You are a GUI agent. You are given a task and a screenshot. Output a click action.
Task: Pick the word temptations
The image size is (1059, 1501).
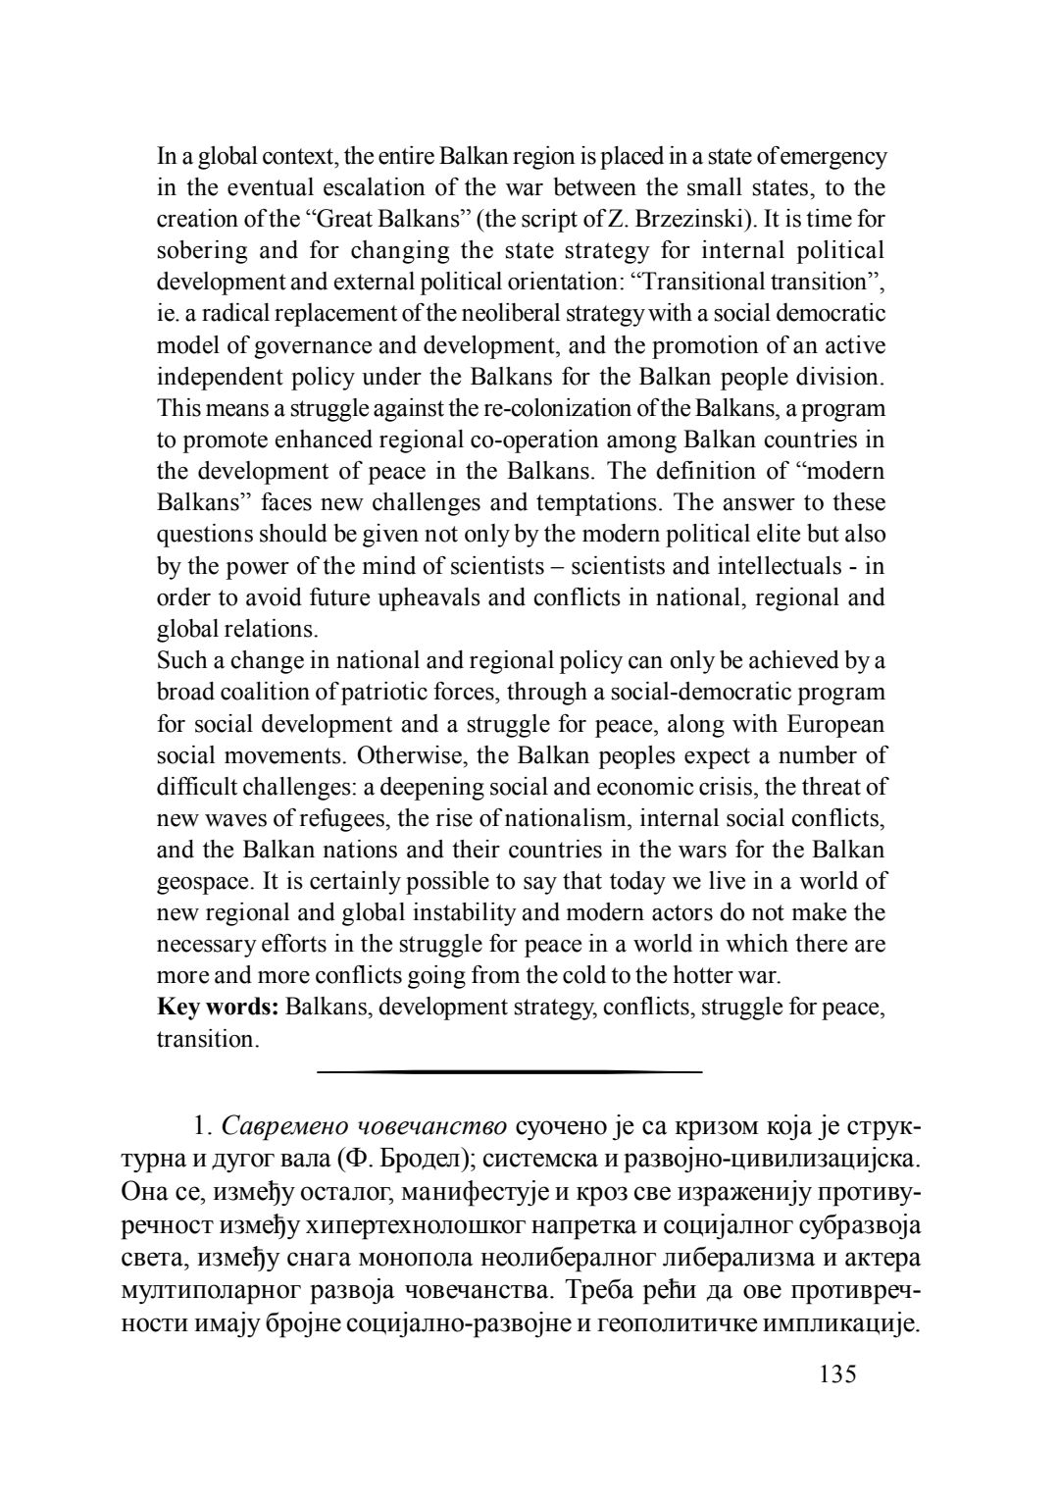(x=597, y=503)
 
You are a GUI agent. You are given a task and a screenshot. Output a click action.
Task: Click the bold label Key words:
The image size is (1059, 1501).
(x=219, y=1007)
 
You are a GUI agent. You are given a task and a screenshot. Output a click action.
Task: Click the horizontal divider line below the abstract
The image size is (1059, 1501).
(x=510, y=1072)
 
